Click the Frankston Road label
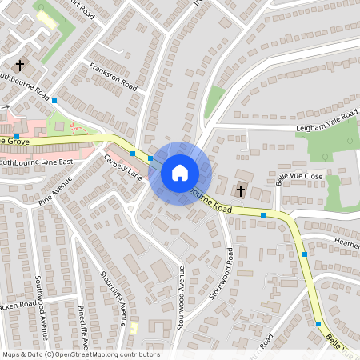coord(113,77)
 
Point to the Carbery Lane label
coord(122,166)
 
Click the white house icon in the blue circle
coord(180,173)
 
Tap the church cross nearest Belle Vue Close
coord(240,190)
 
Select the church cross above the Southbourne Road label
coord(22,65)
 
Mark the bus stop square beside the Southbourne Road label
coord(54,101)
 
